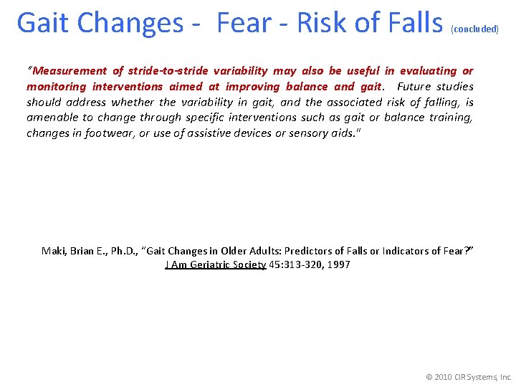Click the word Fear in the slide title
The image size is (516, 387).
(x=243, y=24)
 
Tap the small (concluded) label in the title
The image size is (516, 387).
(x=474, y=29)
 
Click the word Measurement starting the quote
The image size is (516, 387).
(x=67, y=71)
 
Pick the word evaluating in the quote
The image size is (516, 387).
(x=428, y=71)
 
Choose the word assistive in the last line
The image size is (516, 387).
(x=213, y=133)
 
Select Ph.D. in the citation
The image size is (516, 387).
(x=124, y=251)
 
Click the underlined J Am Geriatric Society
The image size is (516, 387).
(x=216, y=265)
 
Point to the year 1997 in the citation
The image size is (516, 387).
(x=338, y=265)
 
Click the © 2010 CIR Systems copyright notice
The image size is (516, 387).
(x=469, y=376)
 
